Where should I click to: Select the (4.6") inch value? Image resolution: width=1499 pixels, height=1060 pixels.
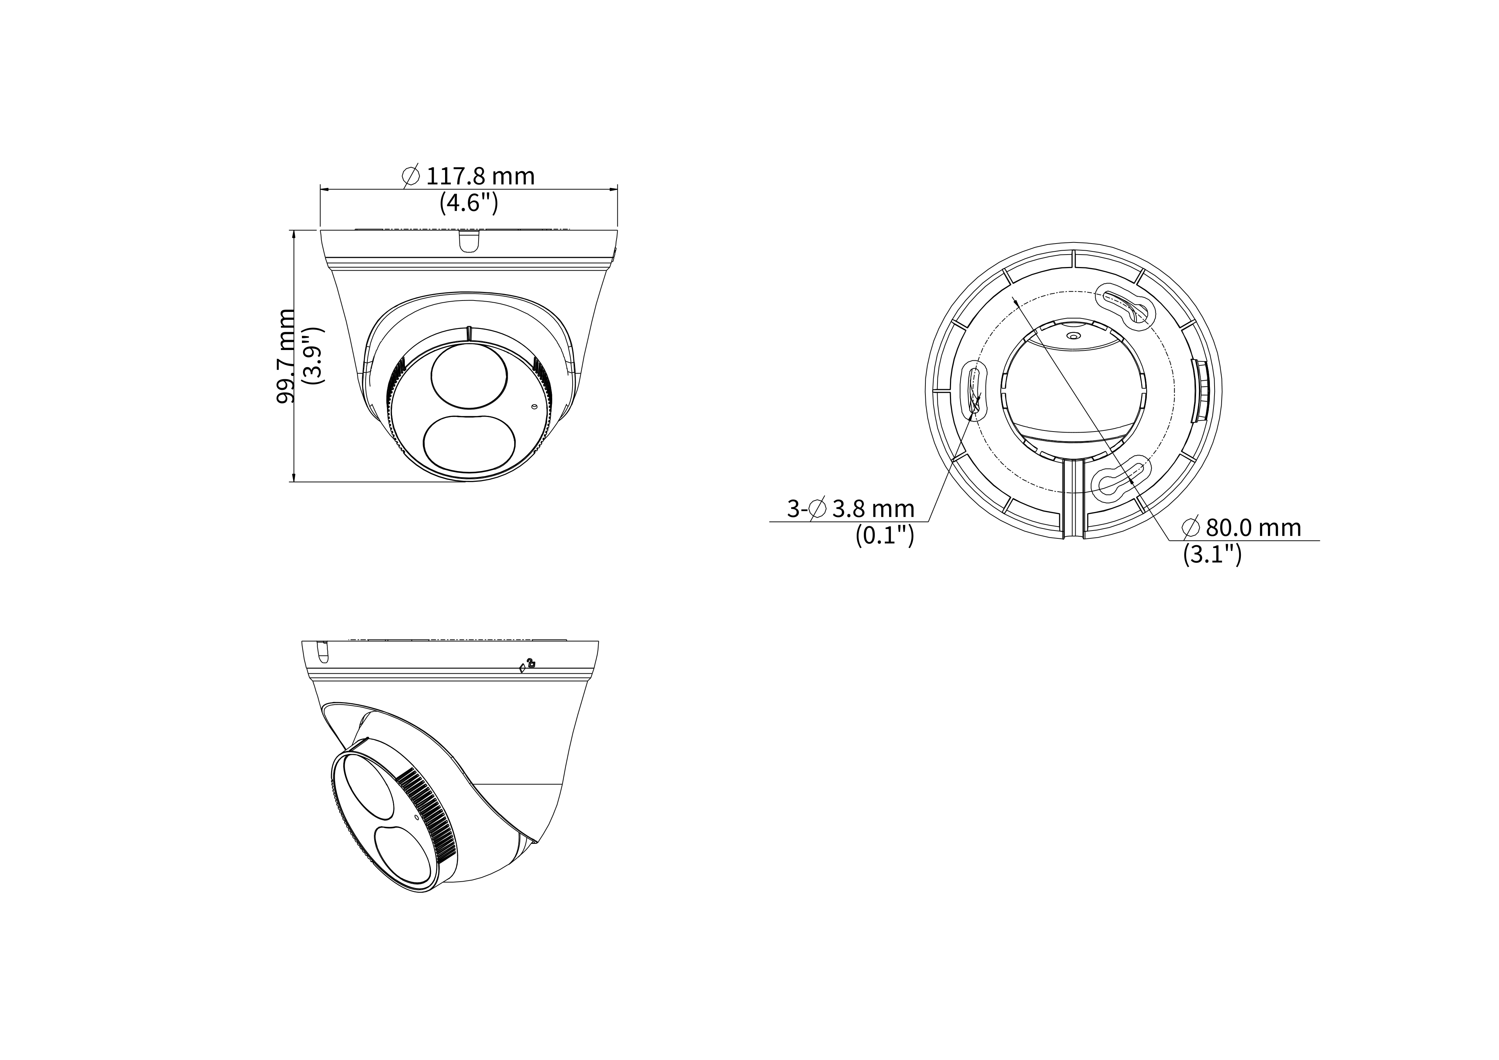point(469,204)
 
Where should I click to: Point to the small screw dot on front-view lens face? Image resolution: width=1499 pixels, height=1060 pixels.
point(535,407)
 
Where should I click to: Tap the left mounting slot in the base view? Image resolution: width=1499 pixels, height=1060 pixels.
point(975,392)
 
